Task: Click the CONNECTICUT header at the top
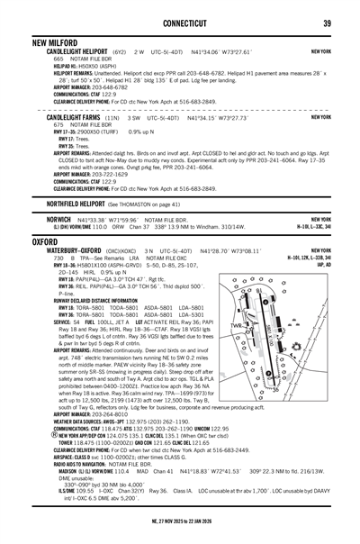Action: pos(179,23)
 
